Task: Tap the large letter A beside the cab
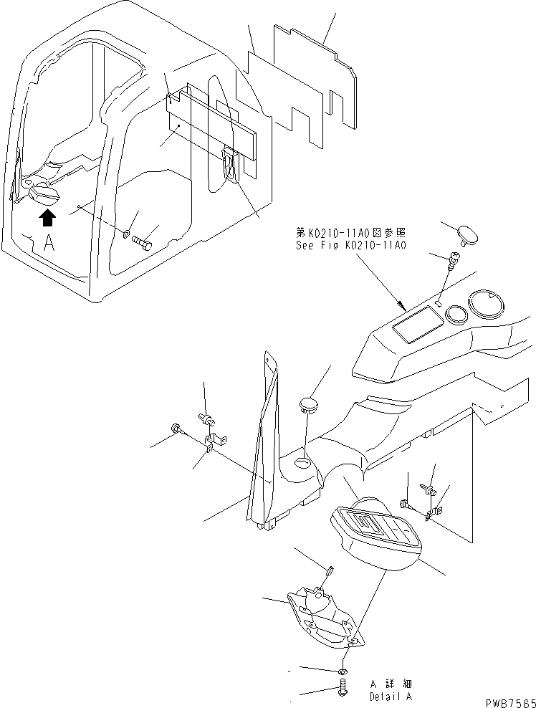click(x=49, y=243)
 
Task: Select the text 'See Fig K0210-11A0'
click(x=351, y=244)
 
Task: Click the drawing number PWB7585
click(x=505, y=700)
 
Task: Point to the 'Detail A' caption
click(x=391, y=696)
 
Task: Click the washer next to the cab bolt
click(x=126, y=234)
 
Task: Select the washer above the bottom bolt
click(x=343, y=671)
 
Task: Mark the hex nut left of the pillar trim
click(x=176, y=429)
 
